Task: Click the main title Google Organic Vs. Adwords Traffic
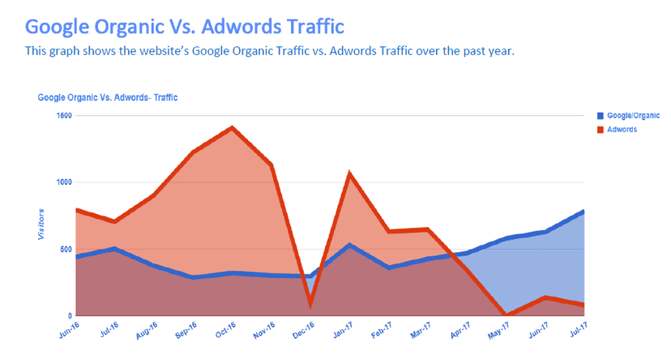(185, 26)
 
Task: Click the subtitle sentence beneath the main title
(269, 51)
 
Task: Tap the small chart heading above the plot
(108, 97)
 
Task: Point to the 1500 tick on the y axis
(62, 116)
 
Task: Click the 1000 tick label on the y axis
(62, 182)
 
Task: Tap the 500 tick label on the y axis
(65, 249)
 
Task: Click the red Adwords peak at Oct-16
(233, 128)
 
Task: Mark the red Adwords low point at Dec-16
(310, 305)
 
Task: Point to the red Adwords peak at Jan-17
(349, 174)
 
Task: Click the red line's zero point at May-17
(506, 315)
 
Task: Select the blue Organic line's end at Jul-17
(583, 212)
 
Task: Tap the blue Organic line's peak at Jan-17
(349, 244)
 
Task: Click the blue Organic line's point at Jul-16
(115, 249)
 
